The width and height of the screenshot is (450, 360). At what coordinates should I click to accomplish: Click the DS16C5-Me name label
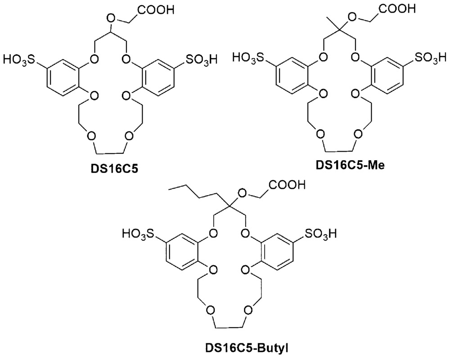tap(350, 165)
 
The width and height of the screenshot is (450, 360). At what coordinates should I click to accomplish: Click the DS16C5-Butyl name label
tap(247, 348)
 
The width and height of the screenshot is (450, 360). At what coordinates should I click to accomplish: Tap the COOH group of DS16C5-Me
tap(396, 9)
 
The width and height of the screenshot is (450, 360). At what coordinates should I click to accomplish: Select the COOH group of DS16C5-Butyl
tap(287, 184)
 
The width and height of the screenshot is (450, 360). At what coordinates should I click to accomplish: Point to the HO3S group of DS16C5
tap(19, 60)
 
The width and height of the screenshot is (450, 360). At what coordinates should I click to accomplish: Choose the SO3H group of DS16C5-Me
tap(430, 58)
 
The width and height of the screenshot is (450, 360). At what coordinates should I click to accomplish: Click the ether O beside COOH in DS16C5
tap(111, 19)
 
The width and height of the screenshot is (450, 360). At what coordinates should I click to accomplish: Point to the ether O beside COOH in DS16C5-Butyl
tap(242, 193)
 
